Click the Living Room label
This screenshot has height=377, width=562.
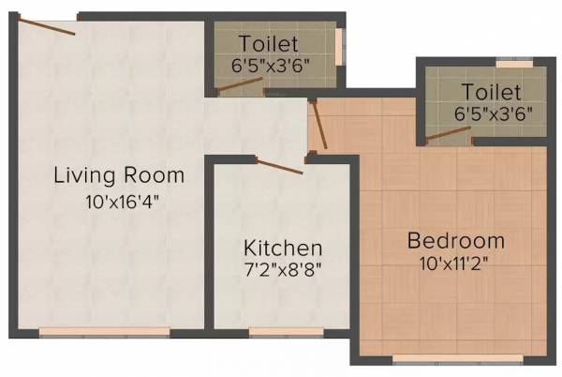119,174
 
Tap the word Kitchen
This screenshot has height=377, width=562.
283,249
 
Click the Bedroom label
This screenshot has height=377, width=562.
455,241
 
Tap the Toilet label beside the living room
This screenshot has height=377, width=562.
269,43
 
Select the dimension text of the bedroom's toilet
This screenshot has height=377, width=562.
494,113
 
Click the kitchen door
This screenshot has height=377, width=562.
280,166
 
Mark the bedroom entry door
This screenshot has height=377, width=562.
319,126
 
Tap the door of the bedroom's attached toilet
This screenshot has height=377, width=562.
448,132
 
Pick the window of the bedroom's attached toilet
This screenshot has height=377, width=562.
513,65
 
